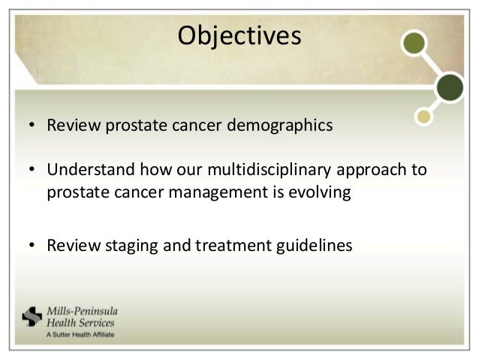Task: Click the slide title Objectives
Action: click(x=239, y=36)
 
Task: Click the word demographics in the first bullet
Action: click(x=280, y=126)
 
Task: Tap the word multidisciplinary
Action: click(x=269, y=170)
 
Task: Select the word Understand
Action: click(x=91, y=169)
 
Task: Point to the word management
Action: click(x=218, y=192)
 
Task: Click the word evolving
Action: click(x=320, y=192)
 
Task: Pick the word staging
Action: click(x=131, y=246)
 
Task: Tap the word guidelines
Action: click(x=315, y=246)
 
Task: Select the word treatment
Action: click(x=233, y=246)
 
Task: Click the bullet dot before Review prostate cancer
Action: click(x=32, y=125)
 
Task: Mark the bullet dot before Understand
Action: click(x=32, y=169)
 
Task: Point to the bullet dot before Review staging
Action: click(x=32, y=245)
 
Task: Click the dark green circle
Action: click(x=450, y=87)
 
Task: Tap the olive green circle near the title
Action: click(x=414, y=43)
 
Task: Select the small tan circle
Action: click(x=423, y=116)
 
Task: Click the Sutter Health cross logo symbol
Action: click(x=32, y=316)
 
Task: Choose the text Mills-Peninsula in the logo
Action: click(x=82, y=311)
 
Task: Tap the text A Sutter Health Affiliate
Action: click(x=80, y=334)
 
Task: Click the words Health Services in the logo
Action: click(x=80, y=322)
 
